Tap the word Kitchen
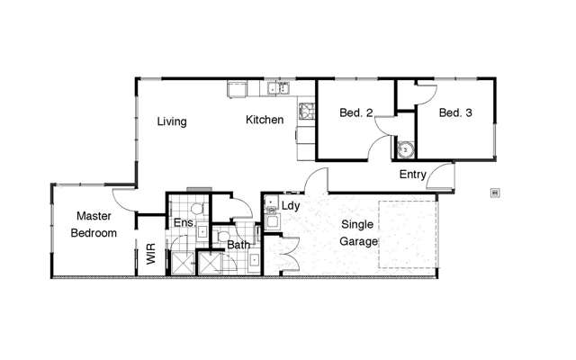tap(265, 120)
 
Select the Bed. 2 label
tap(356, 113)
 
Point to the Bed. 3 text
tap(456, 113)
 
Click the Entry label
tap(413, 175)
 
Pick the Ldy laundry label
tap(290, 205)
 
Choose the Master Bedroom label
tap(94, 224)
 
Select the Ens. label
tap(184, 222)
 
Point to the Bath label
tap(238, 244)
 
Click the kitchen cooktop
tap(306, 112)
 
